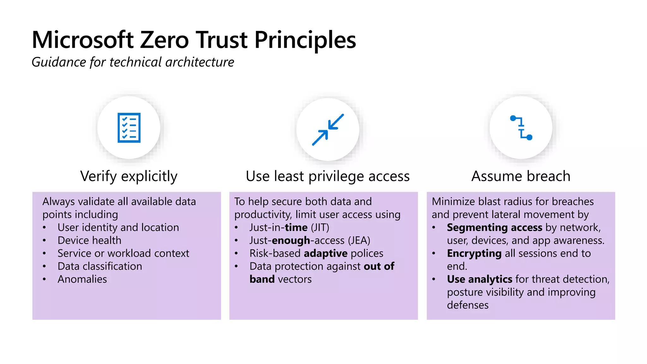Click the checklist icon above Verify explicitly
[x=129, y=128]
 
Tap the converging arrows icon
[x=328, y=130]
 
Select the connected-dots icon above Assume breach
[x=521, y=128]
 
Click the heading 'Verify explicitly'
[x=129, y=176]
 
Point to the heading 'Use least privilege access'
[x=328, y=176]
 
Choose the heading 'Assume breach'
[x=521, y=176]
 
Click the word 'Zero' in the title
[x=164, y=40]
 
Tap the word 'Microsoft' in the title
[x=83, y=40]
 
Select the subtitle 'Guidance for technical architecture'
[x=133, y=62]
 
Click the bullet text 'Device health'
[x=89, y=240]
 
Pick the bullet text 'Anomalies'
[x=82, y=279]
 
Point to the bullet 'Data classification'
[x=100, y=266]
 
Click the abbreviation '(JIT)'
[x=320, y=227]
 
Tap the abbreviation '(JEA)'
[x=359, y=240]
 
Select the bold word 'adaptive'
[x=326, y=253]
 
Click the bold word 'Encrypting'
[x=474, y=253]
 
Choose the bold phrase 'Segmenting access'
[x=494, y=227]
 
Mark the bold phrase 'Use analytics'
[x=480, y=279]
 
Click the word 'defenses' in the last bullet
[x=468, y=305]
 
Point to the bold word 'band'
[x=262, y=279]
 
